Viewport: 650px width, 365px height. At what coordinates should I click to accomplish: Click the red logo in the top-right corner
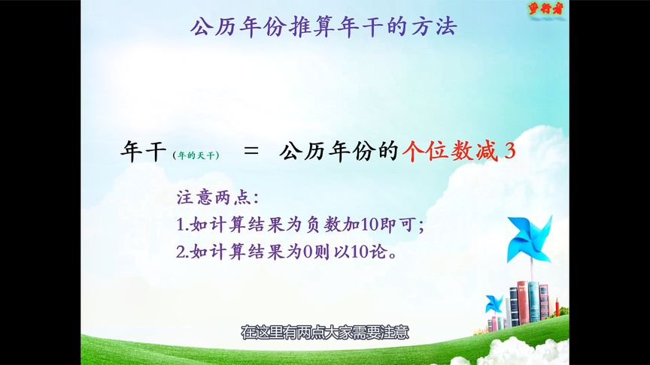pos(545,10)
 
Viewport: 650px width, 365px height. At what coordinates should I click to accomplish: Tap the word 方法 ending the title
pos(436,28)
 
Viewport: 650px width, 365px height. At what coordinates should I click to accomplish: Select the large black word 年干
pos(143,152)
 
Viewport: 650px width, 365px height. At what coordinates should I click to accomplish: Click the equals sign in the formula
pos(252,152)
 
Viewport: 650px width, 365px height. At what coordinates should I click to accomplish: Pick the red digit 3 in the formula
pos(510,152)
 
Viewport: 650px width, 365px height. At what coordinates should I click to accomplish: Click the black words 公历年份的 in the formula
pos(338,152)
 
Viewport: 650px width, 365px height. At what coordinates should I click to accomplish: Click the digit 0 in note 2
pos(307,252)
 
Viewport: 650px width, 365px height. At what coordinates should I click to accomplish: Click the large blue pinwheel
pos(530,238)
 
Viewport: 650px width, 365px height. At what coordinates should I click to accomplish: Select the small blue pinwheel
pos(494,304)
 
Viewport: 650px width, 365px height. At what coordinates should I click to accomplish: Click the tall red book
pos(522,303)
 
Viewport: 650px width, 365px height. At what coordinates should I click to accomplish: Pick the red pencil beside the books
pos(557,307)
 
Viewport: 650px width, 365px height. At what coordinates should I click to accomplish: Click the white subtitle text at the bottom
pos(324,332)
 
